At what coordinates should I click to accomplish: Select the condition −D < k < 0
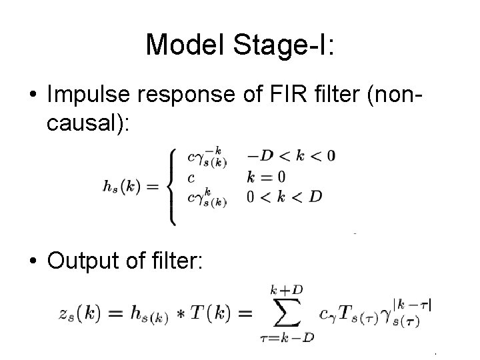[x=291, y=157]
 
